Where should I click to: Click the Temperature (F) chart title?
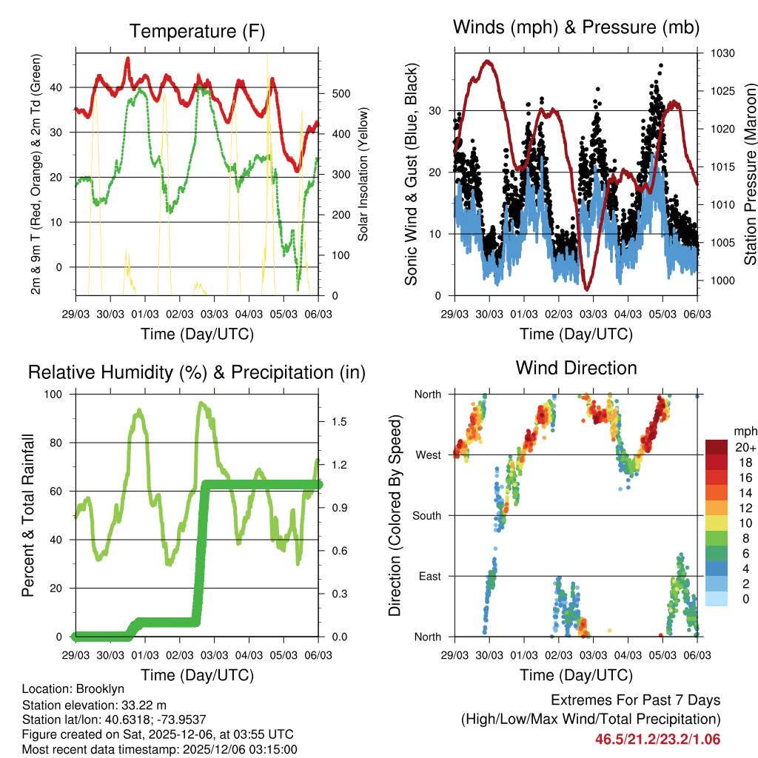click(197, 31)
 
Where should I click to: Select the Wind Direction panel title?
click(576, 367)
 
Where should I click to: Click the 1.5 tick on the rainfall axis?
click(339, 421)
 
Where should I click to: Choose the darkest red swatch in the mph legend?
click(716, 447)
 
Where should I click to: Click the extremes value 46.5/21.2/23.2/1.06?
click(657, 739)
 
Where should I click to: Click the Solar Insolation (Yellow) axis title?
click(363, 175)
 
